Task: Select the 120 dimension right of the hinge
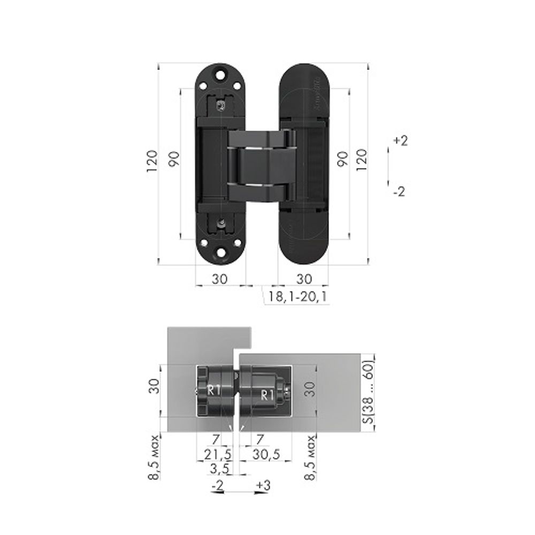(362, 158)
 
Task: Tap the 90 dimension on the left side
(174, 158)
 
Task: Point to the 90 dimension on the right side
(342, 158)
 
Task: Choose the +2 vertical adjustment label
(400, 141)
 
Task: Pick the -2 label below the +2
(399, 192)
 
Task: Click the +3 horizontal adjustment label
(263, 485)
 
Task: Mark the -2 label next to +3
(218, 485)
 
